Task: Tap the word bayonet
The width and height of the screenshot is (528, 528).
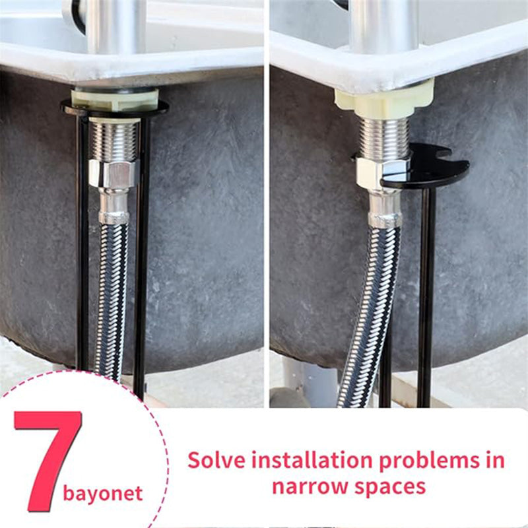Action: (103, 494)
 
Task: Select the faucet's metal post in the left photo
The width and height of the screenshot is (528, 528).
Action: (116, 26)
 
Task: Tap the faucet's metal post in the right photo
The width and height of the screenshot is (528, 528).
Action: (383, 26)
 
